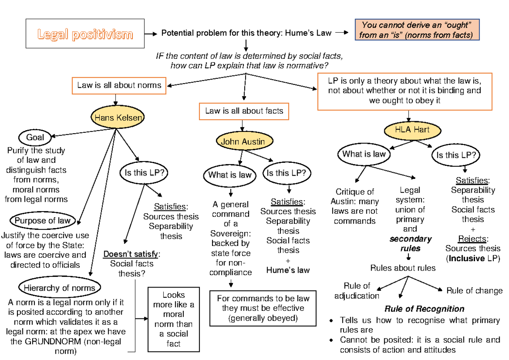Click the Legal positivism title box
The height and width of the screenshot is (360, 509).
pyautogui.click(x=85, y=33)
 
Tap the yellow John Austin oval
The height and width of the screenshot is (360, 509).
pyautogui.click(x=243, y=142)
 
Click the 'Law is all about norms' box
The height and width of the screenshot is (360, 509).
pyautogui.click(x=119, y=85)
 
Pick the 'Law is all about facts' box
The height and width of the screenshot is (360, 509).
pyautogui.click(x=244, y=111)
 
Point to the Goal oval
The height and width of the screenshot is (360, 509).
pyautogui.click(x=35, y=137)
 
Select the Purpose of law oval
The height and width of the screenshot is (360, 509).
pyautogui.click(x=42, y=220)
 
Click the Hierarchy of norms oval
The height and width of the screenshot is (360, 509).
pyautogui.click(x=59, y=288)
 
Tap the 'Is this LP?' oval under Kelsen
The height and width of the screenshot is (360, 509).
pyautogui.click(x=144, y=173)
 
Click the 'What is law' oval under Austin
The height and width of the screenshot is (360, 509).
pyautogui.click(x=230, y=175)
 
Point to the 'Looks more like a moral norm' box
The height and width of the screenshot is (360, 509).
pyautogui.click(x=173, y=319)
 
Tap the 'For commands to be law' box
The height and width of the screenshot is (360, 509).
pyautogui.click(x=260, y=308)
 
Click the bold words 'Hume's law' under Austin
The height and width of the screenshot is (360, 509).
pyautogui.click(x=288, y=270)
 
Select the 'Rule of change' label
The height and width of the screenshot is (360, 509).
pyautogui.click(x=474, y=291)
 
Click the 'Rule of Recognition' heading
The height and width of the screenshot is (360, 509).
pyautogui.click(x=424, y=309)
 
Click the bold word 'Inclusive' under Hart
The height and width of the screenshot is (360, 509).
pyautogui.click(x=467, y=258)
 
